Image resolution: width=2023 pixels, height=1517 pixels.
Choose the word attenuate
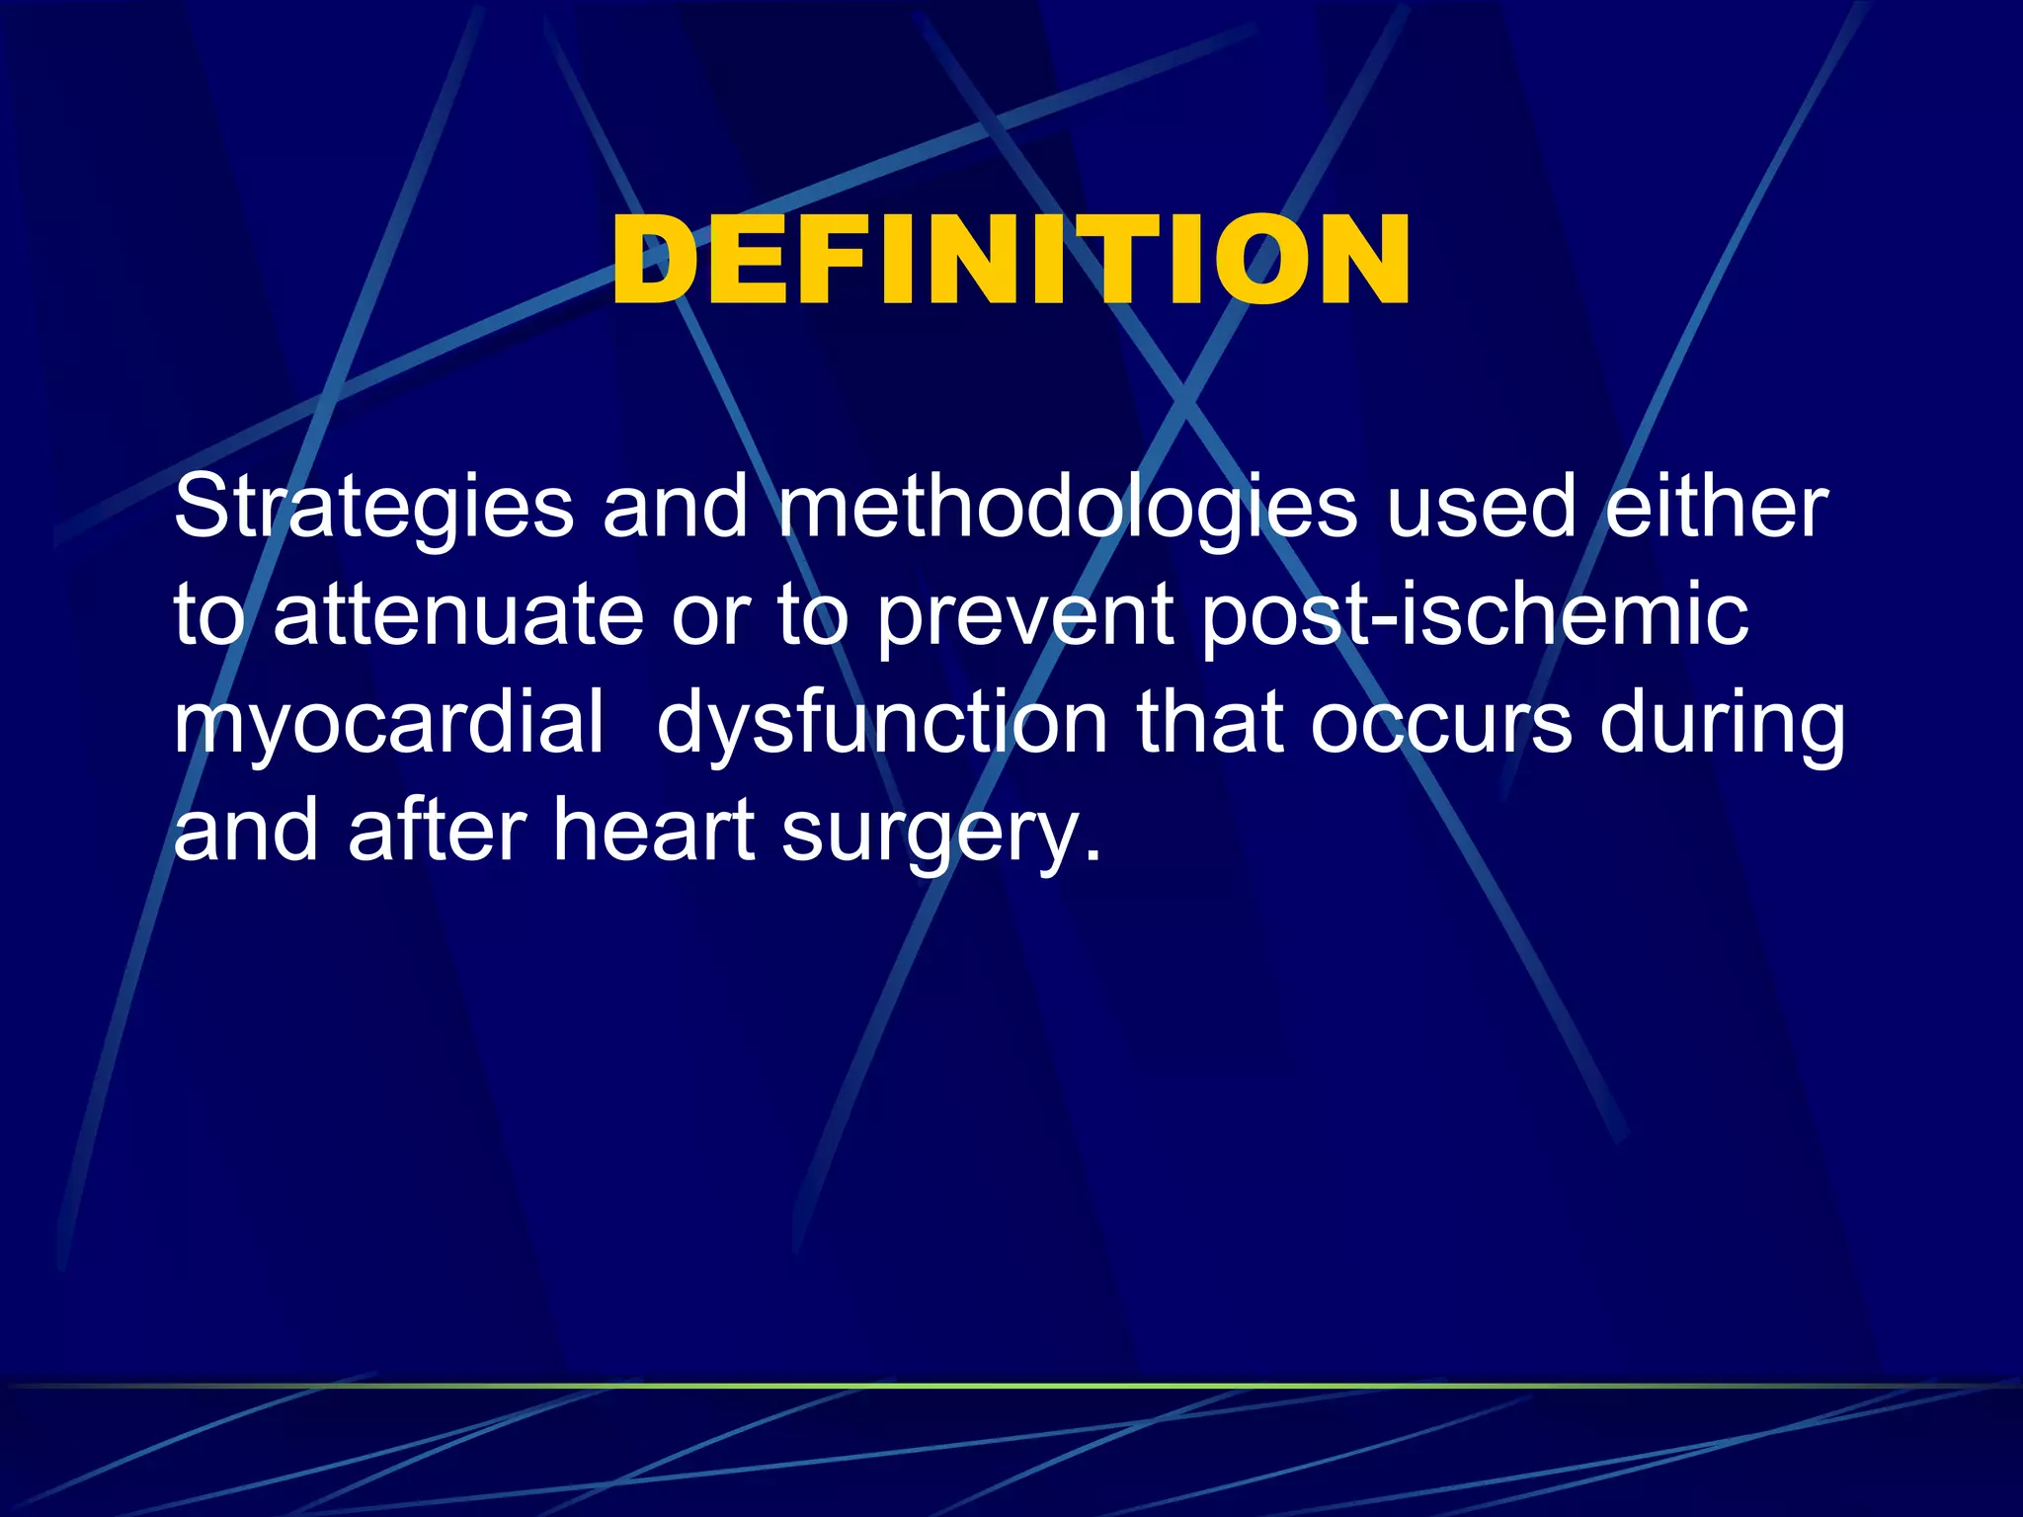tap(458, 614)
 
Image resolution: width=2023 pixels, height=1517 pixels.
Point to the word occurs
tap(1441, 723)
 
